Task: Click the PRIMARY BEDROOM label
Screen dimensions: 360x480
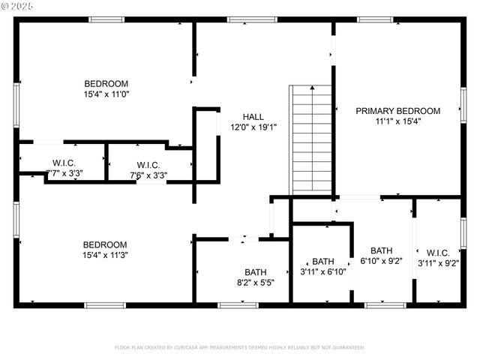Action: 397,111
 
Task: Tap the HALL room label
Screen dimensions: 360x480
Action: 253,117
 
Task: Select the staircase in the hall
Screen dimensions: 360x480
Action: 311,139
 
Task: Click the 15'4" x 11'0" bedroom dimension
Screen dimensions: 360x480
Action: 106,94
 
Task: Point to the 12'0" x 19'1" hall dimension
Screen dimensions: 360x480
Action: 253,127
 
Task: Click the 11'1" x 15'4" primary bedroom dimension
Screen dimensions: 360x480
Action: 397,121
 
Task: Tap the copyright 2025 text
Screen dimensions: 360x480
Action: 18,6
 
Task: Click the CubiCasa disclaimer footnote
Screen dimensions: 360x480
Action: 239,347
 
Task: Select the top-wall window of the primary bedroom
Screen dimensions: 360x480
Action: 375,19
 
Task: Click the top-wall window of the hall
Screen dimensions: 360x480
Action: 241,19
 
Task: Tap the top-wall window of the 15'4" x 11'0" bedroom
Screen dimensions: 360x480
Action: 106,19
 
